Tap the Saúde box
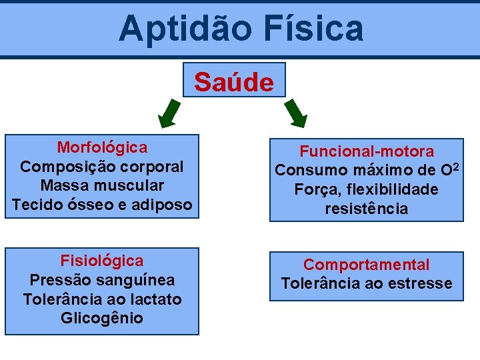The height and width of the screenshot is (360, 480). coord(234,82)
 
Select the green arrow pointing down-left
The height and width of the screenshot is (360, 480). coord(169,113)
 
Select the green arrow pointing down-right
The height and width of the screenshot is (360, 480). coord(296,113)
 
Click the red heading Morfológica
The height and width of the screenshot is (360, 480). coord(102,147)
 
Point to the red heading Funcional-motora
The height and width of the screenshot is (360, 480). coord(367,151)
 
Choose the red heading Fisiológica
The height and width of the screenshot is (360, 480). coord(102,260)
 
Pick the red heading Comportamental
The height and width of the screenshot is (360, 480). coord(367,265)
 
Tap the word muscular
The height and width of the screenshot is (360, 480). coord(131,185)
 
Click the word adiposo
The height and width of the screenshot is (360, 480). coord(164,204)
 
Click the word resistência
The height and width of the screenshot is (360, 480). coord(367,209)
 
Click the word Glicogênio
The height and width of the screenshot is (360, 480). coord(102,318)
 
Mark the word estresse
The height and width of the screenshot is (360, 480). coord(421,283)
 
